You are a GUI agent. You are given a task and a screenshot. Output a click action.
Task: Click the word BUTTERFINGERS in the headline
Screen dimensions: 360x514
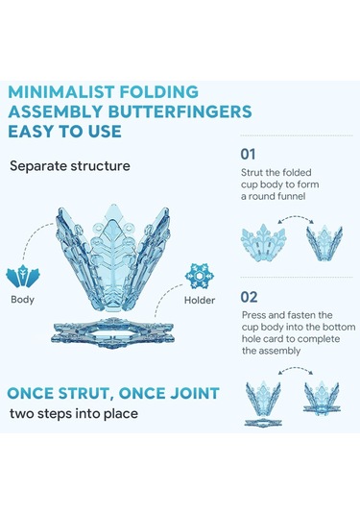(x=180, y=111)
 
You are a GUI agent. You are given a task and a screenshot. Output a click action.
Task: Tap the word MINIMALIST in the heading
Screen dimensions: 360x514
(x=60, y=92)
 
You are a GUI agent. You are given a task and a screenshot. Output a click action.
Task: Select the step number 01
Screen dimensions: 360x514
(x=248, y=154)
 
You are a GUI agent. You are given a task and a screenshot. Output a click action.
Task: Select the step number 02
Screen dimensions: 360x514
(x=249, y=297)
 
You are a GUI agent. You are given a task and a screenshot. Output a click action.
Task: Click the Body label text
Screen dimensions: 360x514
(x=22, y=300)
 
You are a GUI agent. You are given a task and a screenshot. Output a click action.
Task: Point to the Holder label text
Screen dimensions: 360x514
(x=200, y=300)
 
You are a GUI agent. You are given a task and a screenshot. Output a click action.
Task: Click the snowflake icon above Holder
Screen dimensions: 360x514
(x=199, y=276)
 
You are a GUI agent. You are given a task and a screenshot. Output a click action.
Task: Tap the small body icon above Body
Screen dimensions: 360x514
(x=23, y=277)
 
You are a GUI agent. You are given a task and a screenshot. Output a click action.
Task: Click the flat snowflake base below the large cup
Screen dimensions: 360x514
(x=112, y=332)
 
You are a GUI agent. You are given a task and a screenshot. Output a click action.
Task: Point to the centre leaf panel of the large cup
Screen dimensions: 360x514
(x=113, y=256)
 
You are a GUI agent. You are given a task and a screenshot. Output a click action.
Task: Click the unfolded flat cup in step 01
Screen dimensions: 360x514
(x=264, y=242)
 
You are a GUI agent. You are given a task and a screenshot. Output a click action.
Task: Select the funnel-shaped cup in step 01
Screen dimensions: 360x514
(x=324, y=243)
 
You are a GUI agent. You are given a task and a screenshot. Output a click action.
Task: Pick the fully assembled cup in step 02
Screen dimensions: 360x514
(x=322, y=398)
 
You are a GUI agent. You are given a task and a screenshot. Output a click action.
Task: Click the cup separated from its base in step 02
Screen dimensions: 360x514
(x=263, y=404)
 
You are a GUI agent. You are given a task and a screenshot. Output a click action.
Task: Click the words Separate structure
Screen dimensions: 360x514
(x=70, y=166)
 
